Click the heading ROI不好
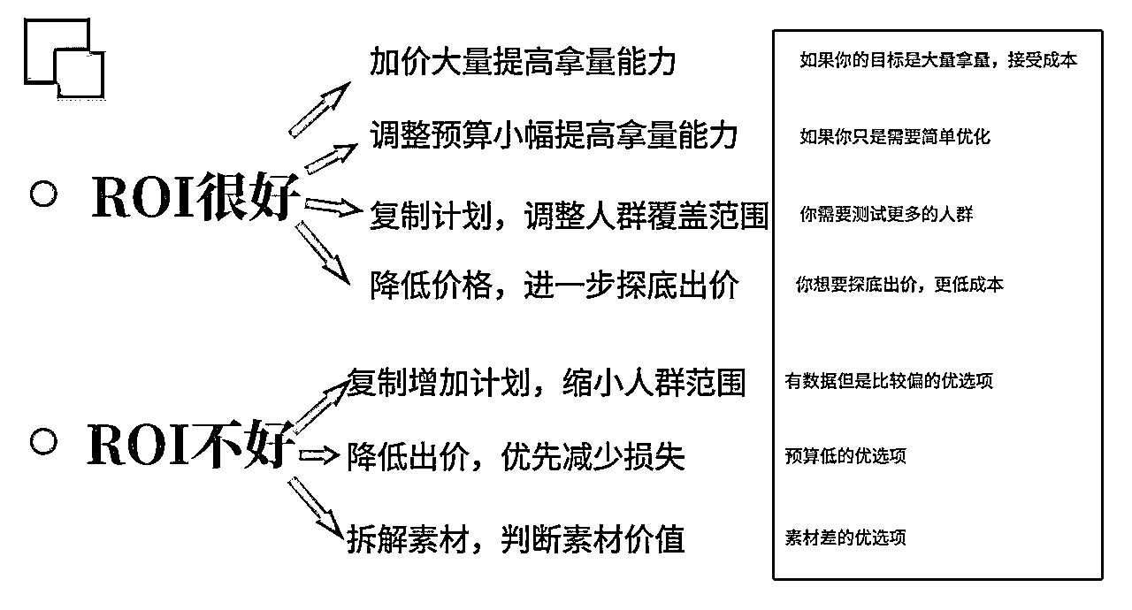click(x=189, y=445)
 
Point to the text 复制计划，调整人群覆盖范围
click(x=568, y=216)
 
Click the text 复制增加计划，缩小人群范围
click(x=545, y=383)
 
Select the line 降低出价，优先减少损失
click(x=516, y=457)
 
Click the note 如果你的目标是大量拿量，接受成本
click(x=938, y=61)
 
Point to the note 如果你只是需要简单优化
click(x=894, y=137)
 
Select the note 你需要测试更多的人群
click(x=886, y=215)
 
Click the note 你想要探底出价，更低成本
click(x=899, y=286)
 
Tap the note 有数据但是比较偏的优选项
click(x=889, y=382)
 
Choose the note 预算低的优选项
click(x=845, y=456)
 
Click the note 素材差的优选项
click(x=845, y=538)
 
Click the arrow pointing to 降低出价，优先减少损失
click(x=319, y=456)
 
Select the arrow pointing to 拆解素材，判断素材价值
click(x=316, y=507)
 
